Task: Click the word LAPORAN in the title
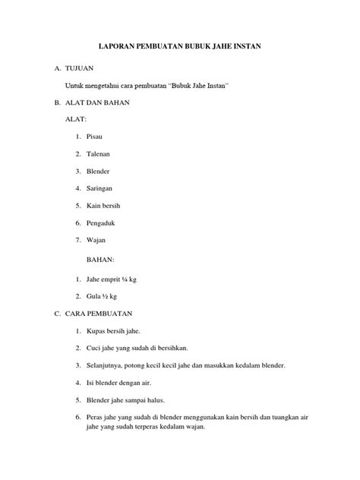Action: click(x=116, y=47)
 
